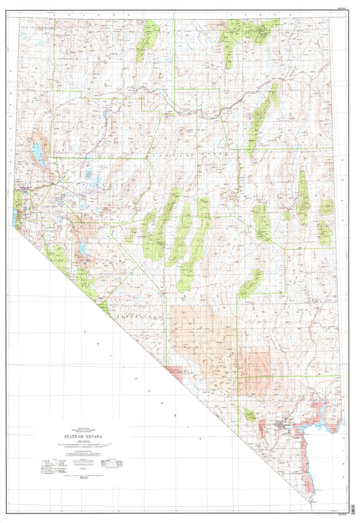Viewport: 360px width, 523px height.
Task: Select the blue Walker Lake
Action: point(82,249)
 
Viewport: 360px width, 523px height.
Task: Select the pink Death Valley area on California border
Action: point(174,370)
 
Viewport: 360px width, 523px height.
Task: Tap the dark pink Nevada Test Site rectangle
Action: point(255,371)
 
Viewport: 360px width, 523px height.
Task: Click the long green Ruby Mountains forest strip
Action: point(260,118)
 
